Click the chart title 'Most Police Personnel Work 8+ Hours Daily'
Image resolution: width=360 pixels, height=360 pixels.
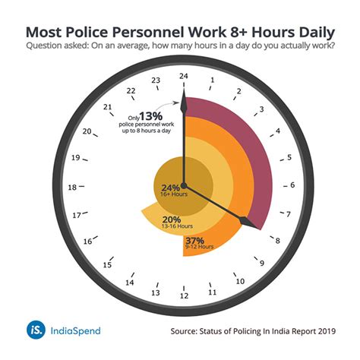point(180,33)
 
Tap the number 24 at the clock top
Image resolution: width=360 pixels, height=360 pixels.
point(182,75)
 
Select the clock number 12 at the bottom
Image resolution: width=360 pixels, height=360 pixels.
point(183,295)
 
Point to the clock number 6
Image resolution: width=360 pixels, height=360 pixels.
point(292,185)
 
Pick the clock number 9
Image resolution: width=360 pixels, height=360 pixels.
point(262,264)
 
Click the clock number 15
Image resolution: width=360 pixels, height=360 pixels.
point(107,265)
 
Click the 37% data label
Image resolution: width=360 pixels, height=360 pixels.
point(204,240)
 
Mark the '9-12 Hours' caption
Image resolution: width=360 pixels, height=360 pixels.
point(204,249)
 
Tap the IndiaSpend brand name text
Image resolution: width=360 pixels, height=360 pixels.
point(74,330)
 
